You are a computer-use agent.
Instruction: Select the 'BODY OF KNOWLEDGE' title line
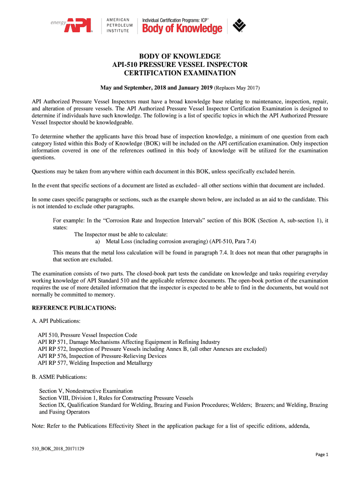(180, 56)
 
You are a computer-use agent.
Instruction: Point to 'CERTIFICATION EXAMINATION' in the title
(180, 73)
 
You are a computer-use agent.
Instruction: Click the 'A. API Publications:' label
(56, 321)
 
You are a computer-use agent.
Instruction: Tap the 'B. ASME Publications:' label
(59, 377)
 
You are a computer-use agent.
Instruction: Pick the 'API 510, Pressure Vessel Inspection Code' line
(87, 335)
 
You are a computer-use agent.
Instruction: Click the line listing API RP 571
(129, 342)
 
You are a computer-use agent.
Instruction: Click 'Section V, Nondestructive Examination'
(86, 391)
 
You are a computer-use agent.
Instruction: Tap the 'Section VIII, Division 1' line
(116, 398)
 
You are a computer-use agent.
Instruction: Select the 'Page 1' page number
(323, 455)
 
